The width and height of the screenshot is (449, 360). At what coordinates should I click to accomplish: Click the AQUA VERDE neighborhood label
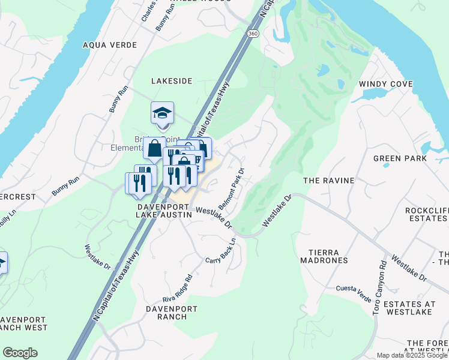(x=110, y=45)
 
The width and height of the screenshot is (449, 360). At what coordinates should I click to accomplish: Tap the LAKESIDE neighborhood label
(x=172, y=80)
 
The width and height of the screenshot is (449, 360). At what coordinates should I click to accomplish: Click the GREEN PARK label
(x=400, y=158)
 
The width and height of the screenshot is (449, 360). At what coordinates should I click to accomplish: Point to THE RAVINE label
(x=329, y=180)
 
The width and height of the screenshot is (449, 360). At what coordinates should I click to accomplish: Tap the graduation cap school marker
(x=162, y=113)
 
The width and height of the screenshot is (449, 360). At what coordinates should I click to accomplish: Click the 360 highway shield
(x=254, y=34)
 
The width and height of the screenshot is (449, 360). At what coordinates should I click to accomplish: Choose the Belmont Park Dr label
(x=234, y=188)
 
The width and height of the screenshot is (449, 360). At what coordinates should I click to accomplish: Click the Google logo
(x=20, y=353)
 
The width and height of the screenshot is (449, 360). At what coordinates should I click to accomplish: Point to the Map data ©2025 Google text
(x=412, y=355)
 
